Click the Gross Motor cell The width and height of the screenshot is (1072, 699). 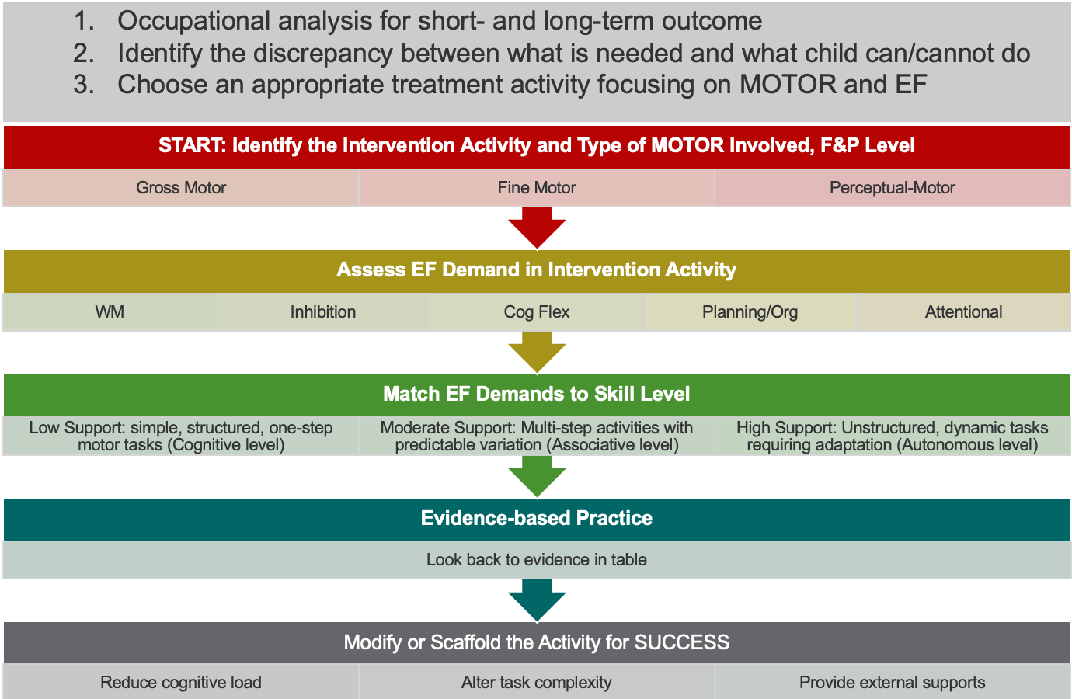[x=181, y=187]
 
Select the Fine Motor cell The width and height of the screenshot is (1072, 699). [x=537, y=187]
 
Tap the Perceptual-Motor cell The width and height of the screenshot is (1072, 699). [x=892, y=187]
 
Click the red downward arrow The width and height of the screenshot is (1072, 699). [x=537, y=228]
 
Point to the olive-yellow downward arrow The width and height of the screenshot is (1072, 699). [x=537, y=352]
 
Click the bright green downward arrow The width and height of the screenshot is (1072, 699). [x=537, y=477]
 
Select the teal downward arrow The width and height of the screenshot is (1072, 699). [x=537, y=600]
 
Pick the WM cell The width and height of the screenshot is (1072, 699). [x=110, y=312]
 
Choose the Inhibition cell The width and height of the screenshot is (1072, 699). [x=323, y=312]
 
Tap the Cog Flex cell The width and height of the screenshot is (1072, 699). [x=537, y=312]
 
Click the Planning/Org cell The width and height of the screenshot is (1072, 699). [x=750, y=312]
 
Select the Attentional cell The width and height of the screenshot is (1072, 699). [x=963, y=312]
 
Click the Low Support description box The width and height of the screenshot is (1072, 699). [x=181, y=436]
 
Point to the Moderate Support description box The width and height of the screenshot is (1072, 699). [x=537, y=436]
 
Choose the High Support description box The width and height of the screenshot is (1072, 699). [x=892, y=436]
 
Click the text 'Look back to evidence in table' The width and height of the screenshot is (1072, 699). [x=537, y=560]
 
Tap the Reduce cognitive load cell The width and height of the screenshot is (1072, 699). [x=181, y=682]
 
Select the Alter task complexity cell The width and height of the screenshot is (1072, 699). [x=537, y=682]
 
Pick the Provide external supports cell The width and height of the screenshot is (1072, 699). [x=892, y=682]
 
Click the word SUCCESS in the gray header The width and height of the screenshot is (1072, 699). [x=681, y=642]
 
